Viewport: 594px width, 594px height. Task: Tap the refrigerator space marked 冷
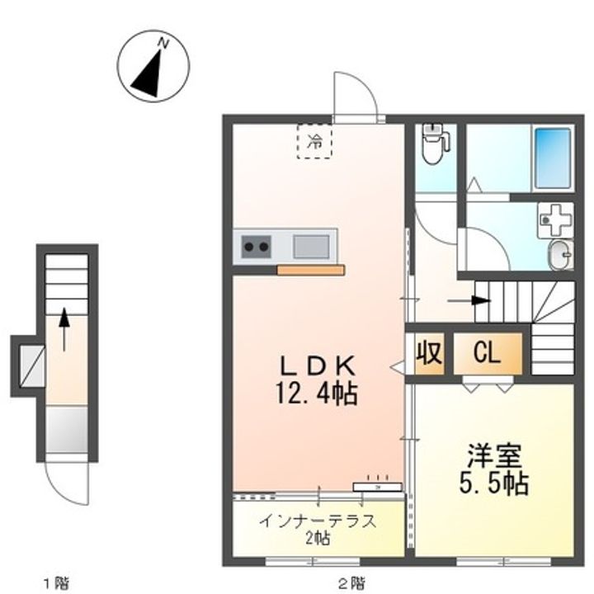click(314, 141)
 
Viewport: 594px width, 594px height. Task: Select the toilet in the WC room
click(434, 144)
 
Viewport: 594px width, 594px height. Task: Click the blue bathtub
click(552, 158)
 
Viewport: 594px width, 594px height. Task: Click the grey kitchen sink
click(311, 247)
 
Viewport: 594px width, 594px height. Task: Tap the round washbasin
click(561, 255)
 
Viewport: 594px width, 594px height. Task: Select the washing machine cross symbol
click(556, 220)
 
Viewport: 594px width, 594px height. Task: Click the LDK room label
click(318, 366)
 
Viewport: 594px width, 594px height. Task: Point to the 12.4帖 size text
click(317, 394)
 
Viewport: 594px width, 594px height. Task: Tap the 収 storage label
click(430, 353)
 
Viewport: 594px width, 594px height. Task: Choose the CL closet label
click(488, 354)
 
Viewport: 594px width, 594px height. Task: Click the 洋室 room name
click(494, 456)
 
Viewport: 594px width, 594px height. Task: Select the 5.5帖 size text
click(494, 483)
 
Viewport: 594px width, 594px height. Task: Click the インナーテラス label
click(318, 521)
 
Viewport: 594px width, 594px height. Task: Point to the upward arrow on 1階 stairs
click(64, 329)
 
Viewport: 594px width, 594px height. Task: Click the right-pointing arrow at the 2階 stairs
click(469, 301)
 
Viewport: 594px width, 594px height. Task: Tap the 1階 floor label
click(57, 582)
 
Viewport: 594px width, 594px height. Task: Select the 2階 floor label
click(352, 582)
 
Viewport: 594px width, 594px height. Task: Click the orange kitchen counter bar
click(311, 270)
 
